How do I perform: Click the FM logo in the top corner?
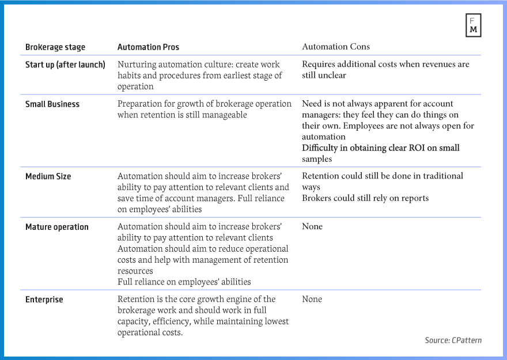(473, 25)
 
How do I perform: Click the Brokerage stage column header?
(55, 47)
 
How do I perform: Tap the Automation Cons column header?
(336, 47)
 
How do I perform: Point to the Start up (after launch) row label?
(65, 65)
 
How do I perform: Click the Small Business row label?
(52, 104)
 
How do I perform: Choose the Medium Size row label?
(48, 176)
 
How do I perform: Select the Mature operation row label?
(57, 227)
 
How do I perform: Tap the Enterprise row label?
(44, 300)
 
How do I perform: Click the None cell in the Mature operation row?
(312, 226)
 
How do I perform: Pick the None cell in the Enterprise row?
(312, 299)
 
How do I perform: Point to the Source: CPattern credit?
(453, 340)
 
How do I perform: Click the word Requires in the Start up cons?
(320, 65)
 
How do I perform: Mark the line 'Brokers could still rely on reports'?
(365, 198)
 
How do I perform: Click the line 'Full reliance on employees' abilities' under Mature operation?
(184, 282)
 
